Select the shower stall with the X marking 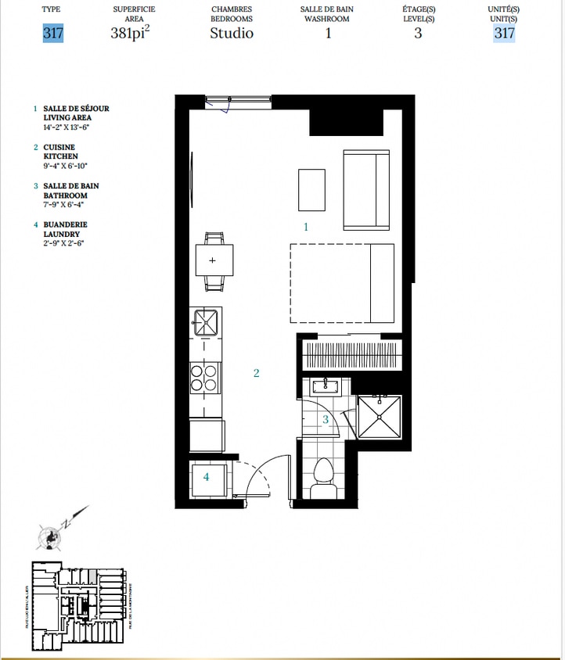pyautogui.click(x=379, y=417)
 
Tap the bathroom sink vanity pyautogui.click(x=325, y=386)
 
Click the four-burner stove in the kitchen pyautogui.click(x=205, y=378)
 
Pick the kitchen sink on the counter pyautogui.click(x=207, y=321)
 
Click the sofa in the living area pyautogui.click(x=366, y=190)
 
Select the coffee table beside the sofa pyautogui.click(x=311, y=189)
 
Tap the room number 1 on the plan pyautogui.click(x=306, y=227)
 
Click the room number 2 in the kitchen pyautogui.click(x=256, y=373)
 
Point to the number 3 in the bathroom pyautogui.click(x=326, y=419)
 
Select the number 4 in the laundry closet pyautogui.click(x=207, y=477)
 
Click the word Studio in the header pyautogui.click(x=231, y=34)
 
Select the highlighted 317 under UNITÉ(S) pyautogui.click(x=504, y=34)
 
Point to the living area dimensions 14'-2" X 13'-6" pyautogui.click(x=67, y=127)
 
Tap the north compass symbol pyautogui.click(x=49, y=536)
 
